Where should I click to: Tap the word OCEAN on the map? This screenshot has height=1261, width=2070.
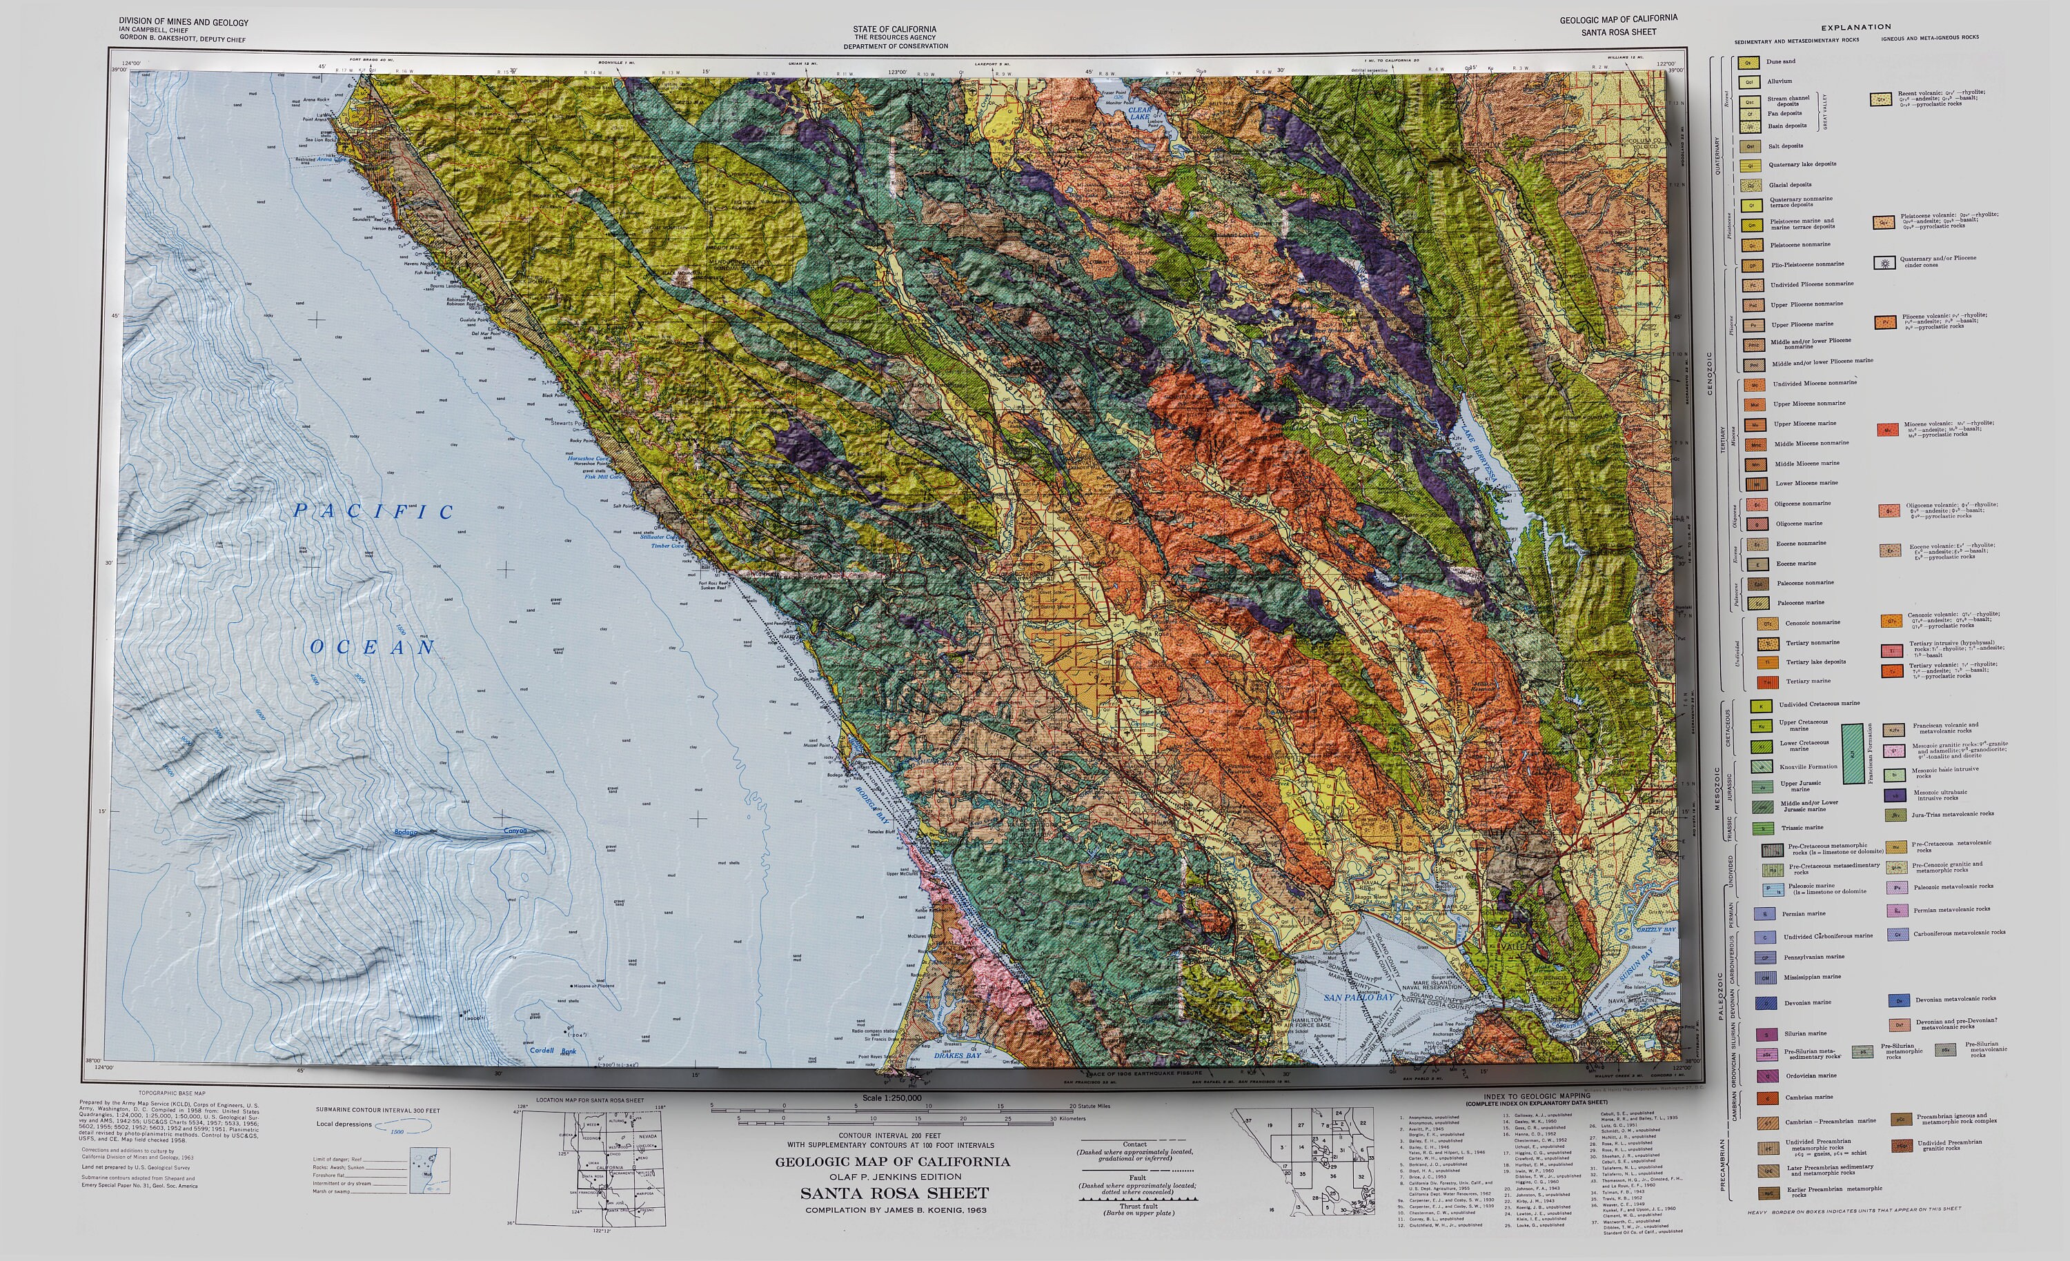[373, 647]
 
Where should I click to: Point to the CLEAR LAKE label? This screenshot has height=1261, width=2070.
[1139, 113]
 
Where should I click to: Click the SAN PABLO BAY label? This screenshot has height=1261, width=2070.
[1359, 997]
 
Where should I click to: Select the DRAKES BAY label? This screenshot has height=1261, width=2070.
[958, 1055]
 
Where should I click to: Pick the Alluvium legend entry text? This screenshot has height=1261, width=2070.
[1779, 81]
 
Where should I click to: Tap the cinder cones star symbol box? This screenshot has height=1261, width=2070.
[1884, 263]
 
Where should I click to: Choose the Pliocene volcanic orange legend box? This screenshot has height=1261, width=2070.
[1884, 321]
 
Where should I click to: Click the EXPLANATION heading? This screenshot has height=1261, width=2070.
[1856, 27]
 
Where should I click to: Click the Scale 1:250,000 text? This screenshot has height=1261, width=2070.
[891, 1098]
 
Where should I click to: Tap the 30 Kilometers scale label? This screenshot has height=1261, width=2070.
[1067, 1119]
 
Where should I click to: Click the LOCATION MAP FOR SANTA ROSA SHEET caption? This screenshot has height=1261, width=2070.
[590, 1100]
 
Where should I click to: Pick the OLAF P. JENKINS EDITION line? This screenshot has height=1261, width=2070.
[895, 1177]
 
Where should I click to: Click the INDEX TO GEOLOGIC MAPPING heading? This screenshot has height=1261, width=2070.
[1537, 1096]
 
